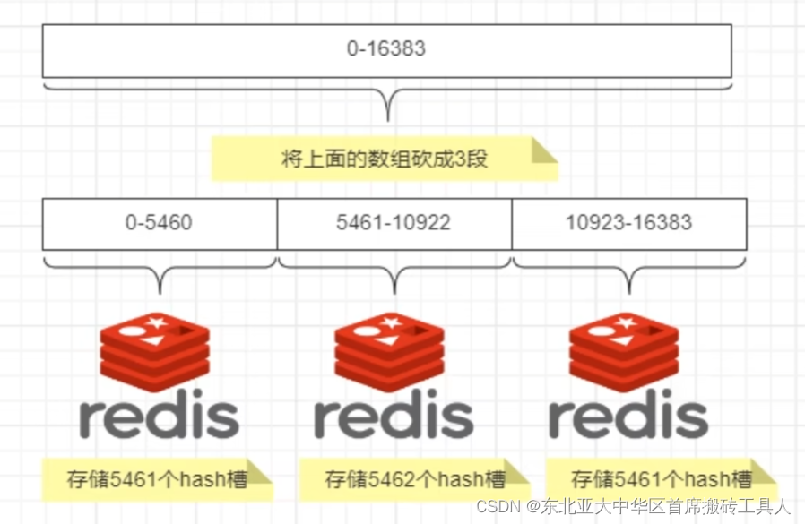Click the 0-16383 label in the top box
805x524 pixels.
point(386,49)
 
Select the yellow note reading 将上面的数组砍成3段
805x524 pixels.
point(385,159)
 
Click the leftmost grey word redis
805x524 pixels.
point(159,416)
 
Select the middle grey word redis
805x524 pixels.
point(394,416)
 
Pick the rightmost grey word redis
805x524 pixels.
point(628,416)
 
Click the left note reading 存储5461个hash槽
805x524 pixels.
point(157,479)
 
